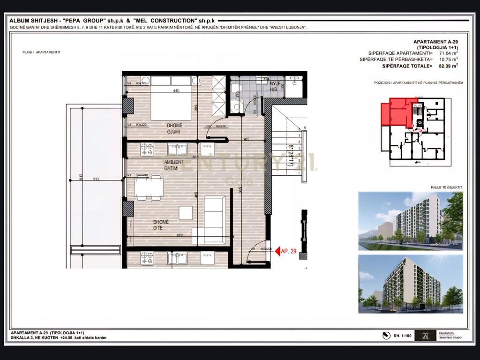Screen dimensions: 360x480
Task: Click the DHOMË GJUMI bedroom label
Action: click(x=175, y=128)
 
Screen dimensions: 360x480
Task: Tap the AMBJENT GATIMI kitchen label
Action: click(x=174, y=165)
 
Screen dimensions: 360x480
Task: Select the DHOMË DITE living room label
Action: click(x=160, y=225)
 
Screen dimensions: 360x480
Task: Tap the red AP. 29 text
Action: click(x=288, y=252)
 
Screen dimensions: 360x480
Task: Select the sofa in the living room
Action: click(x=215, y=217)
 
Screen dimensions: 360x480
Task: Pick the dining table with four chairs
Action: click(x=149, y=188)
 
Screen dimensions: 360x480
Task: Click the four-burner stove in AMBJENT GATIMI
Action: click(x=147, y=150)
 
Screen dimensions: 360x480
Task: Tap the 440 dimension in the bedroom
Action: click(x=176, y=91)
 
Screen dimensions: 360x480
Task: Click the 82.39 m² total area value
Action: click(x=448, y=67)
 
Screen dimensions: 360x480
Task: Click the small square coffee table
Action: click(x=185, y=213)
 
